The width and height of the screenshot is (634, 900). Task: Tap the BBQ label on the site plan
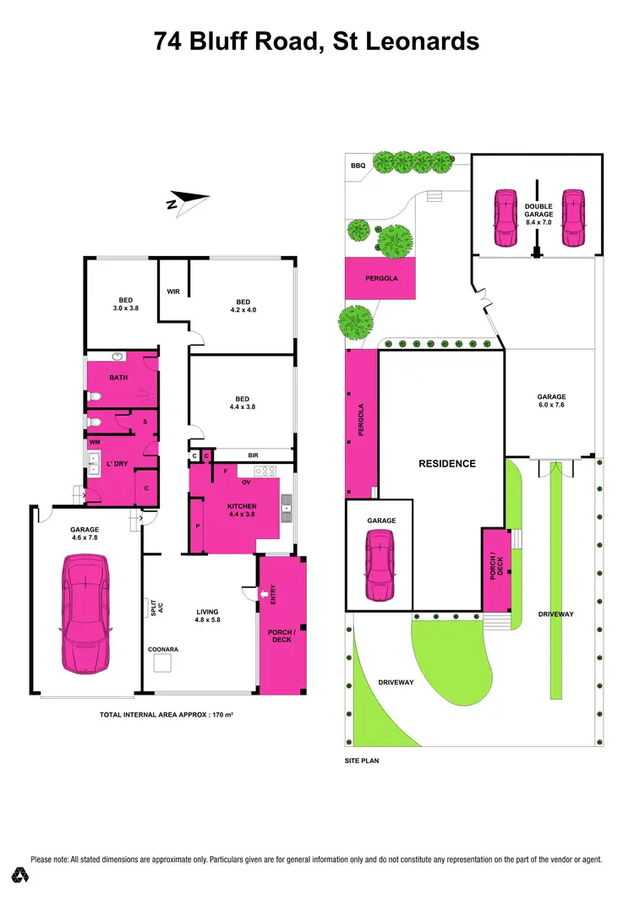point(358,166)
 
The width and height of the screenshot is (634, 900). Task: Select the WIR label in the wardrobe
point(173,292)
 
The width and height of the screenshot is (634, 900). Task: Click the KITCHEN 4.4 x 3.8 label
point(241,510)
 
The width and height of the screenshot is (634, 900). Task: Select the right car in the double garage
point(573,216)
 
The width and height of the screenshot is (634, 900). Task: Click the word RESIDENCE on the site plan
point(447,463)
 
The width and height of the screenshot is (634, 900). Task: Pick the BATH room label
point(118,378)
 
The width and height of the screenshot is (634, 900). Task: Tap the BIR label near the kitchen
point(253,455)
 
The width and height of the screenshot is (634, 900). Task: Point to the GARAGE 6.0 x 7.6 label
point(551,401)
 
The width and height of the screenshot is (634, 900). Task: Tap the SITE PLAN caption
point(363,761)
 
